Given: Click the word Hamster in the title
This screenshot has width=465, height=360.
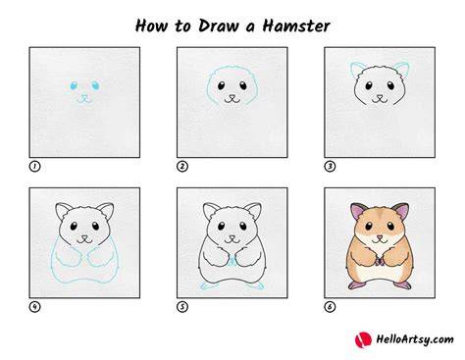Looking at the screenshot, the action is (296, 26).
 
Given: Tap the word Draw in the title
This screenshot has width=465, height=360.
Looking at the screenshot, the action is (219, 26).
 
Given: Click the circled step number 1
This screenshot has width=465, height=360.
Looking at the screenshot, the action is (34, 167).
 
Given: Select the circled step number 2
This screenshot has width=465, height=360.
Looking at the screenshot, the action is (182, 167).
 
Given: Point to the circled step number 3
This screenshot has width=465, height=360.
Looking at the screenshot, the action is (330, 167).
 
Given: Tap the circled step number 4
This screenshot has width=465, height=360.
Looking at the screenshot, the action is (34, 307).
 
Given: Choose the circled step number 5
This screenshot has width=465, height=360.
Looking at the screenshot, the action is (182, 307).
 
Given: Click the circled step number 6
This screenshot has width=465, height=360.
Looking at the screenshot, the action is (330, 307).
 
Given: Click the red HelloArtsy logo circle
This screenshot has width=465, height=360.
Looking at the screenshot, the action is (363, 339).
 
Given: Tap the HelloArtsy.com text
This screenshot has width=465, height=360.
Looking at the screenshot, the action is (415, 339).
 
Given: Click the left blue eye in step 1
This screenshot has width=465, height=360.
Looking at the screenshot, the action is (74, 85).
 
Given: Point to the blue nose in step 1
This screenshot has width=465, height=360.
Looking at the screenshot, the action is (84, 97).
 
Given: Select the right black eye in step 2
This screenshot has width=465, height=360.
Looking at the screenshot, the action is (243, 85).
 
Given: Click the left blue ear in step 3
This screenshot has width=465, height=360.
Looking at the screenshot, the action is (356, 69).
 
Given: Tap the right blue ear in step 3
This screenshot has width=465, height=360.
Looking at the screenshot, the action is (403, 69).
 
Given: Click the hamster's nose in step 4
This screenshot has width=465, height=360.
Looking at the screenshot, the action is (84, 236).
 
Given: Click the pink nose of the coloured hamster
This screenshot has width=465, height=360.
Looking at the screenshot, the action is (380, 236).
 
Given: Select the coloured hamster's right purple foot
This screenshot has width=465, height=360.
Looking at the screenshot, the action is (403, 284).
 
